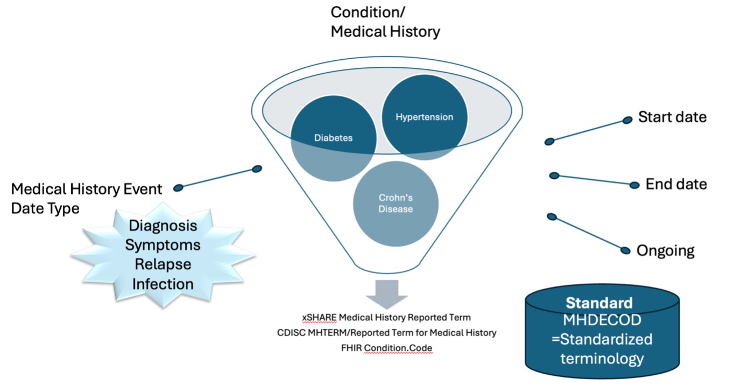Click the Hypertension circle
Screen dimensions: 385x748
click(425, 117)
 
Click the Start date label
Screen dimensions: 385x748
click(672, 117)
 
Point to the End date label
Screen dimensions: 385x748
click(676, 184)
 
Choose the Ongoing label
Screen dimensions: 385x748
click(665, 250)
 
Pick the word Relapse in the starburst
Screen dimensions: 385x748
click(163, 264)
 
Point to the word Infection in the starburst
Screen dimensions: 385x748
click(163, 284)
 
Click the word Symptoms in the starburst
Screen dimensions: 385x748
click(163, 245)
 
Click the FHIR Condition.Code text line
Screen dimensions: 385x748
click(386, 348)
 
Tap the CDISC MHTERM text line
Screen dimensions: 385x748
click(386, 333)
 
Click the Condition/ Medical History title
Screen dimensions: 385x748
click(385, 22)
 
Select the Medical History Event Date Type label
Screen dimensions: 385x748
click(86, 198)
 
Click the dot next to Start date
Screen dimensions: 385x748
click(627, 120)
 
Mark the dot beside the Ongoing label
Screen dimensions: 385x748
click(625, 250)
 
